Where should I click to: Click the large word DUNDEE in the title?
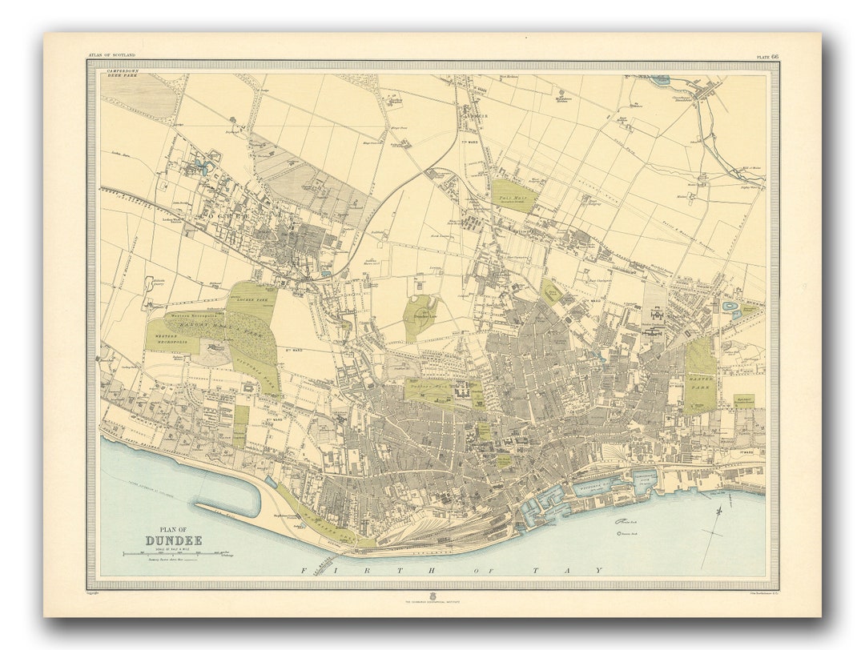(x=174, y=540)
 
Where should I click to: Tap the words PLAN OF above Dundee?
(x=174, y=529)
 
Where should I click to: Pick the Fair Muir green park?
(x=513, y=195)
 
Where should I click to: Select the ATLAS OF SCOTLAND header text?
(x=112, y=55)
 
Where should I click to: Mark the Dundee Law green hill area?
(x=420, y=315)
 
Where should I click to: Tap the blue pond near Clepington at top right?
(x=661, y=80)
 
